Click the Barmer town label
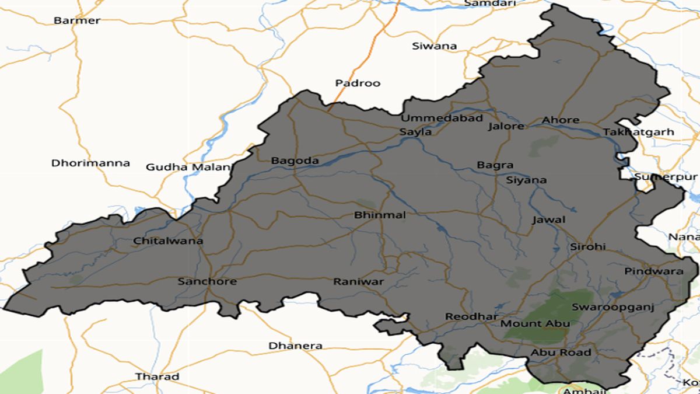77,20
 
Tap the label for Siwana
434,46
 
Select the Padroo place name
358,83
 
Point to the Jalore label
506,125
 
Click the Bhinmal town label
380,215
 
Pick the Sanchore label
207,281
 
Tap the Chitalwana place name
168,240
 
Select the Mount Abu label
535,323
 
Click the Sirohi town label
588,247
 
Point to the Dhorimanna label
90,163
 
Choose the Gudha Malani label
188,167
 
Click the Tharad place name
157,376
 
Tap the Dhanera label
295,346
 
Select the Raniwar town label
358,282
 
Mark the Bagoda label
295,161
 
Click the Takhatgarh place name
638,132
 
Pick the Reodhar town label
464,316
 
